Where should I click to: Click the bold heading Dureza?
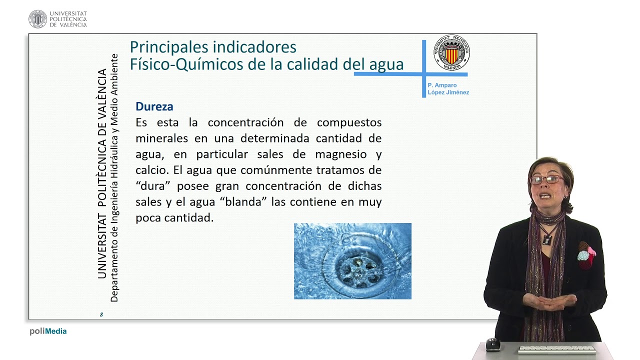154,106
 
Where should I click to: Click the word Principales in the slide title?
169,47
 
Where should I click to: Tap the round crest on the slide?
451,52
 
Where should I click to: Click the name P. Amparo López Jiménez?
448,89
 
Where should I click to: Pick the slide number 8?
101,314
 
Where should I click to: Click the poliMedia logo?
48,331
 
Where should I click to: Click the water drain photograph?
352,261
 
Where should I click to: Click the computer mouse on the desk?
493,344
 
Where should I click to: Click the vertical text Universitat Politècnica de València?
102,173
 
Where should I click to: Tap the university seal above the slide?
38,19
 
